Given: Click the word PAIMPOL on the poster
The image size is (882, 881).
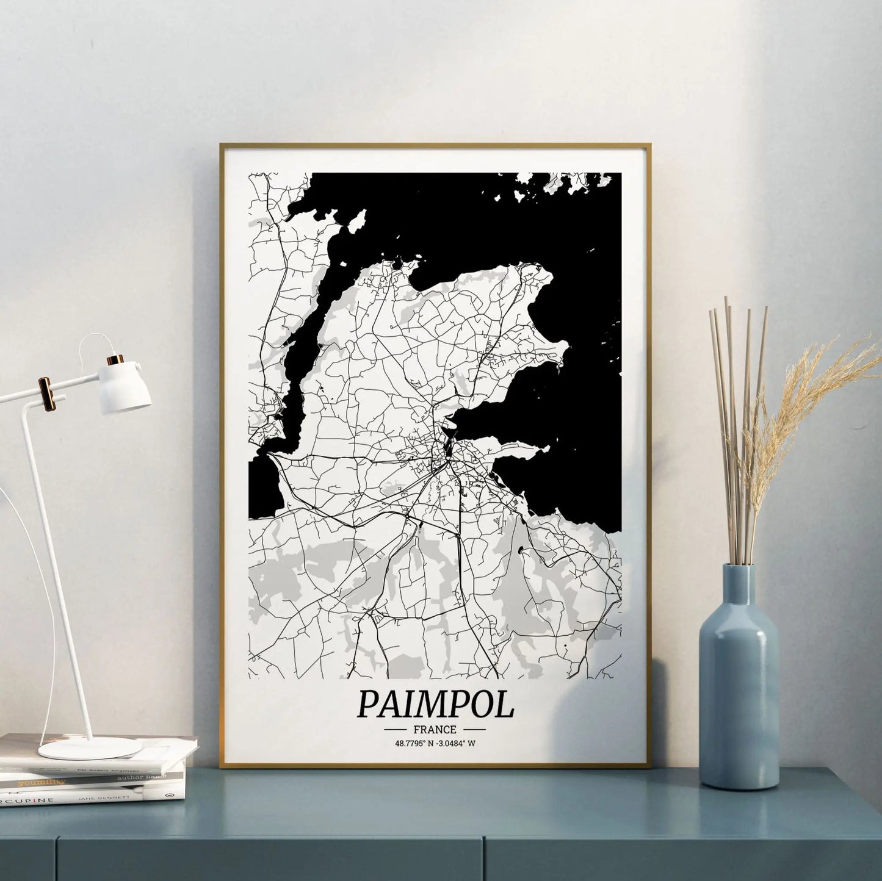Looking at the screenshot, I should coord(435,704).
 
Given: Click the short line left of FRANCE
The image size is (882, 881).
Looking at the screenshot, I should coord(397,730).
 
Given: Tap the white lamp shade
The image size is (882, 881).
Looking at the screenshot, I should coord(126,386).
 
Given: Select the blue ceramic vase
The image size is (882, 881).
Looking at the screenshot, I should coord(739,696).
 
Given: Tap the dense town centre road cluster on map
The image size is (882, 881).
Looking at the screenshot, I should coord(449,455).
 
